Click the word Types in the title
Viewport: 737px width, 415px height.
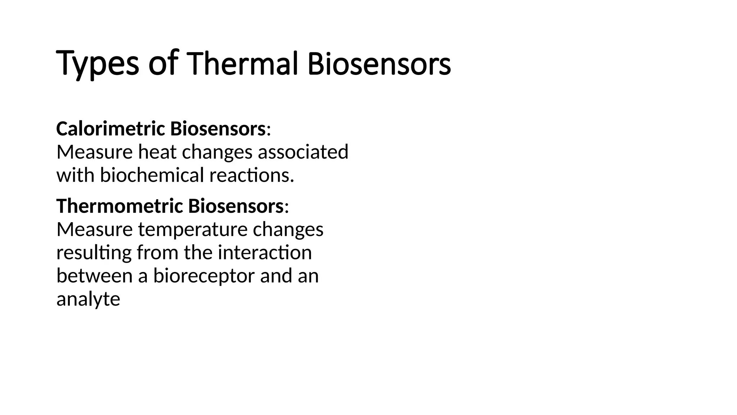point(97,64)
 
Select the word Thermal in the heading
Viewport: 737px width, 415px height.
point(243,64)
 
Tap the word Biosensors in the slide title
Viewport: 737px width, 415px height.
point(379,64)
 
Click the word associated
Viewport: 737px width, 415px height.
point(303,152)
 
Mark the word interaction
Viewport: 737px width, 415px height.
point(264,253)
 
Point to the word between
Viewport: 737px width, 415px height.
point(95,276)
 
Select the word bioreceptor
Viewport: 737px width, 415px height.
point(204,276)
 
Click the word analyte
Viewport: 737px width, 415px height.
point(88,299)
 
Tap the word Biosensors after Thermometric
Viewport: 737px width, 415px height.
point(235,206)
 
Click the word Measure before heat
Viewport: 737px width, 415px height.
point(94,152)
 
